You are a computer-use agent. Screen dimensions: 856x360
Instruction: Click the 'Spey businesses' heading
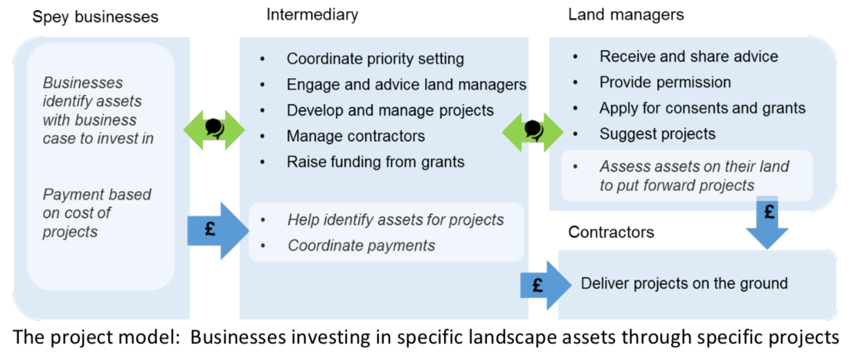[95, 17]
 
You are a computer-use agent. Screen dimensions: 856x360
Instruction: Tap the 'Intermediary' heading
[312, 15]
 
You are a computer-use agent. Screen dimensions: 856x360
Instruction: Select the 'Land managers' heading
[626, 15]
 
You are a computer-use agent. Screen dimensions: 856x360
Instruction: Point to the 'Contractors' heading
[611, 232]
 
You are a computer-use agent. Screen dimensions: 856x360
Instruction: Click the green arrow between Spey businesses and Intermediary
[214, 130]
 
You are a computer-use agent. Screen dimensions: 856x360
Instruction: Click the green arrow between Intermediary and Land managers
[533, 132]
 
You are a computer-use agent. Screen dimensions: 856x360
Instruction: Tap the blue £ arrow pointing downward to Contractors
[767, 222]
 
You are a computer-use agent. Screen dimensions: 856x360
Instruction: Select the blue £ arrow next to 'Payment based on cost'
[218, 231]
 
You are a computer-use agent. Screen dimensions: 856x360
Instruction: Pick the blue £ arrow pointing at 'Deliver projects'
[546, 285]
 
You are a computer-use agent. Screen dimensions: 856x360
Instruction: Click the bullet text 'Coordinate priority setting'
[375, 59]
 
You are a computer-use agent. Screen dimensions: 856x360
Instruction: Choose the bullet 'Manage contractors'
[356, 136]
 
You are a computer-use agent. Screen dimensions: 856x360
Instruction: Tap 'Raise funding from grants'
[375, 162]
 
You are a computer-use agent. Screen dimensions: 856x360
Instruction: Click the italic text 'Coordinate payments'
[362, 246]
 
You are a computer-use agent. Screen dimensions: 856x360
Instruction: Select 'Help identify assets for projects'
[396, 220]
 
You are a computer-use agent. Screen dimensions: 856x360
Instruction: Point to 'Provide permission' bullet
[665, 82]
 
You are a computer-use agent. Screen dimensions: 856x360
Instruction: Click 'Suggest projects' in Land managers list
[657, 134]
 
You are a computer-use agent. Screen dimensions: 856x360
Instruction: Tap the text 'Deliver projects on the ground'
[684, 284]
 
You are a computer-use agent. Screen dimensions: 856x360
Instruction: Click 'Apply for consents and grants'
[702, 108]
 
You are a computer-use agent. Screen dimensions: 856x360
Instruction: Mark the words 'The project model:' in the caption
[96, 337]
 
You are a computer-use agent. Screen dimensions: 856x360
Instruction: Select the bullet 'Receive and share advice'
[688, 57]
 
